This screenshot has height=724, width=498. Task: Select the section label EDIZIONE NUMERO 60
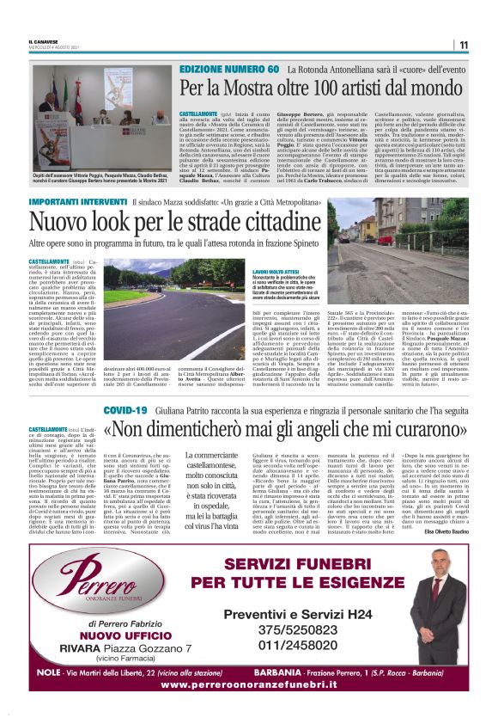pos(229,69)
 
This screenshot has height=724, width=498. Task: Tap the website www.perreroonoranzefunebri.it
pos(248,684)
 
